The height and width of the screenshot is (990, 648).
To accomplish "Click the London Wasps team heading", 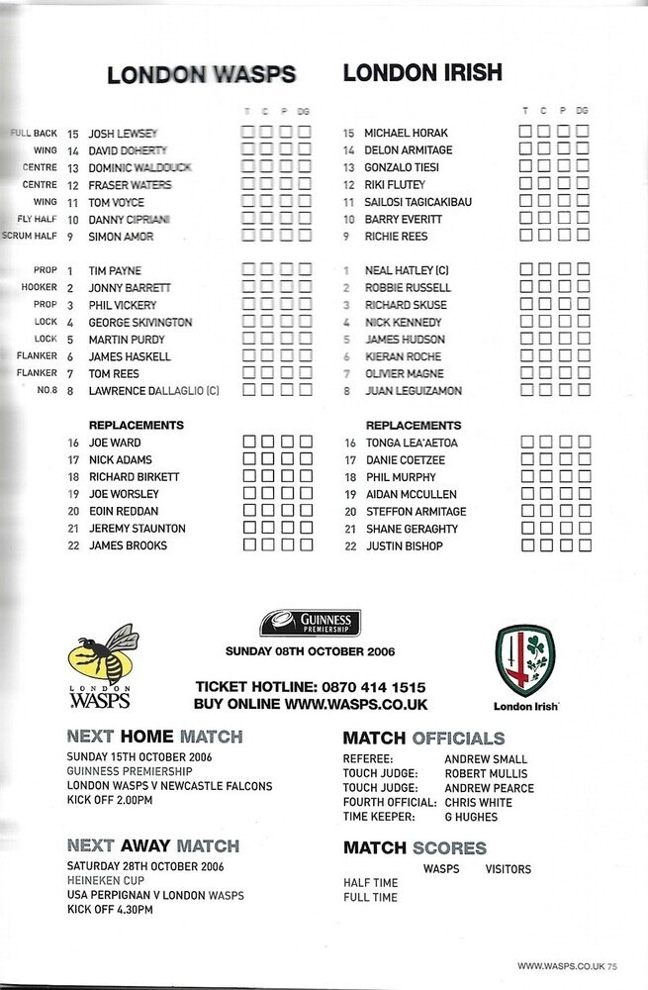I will (x=201, y=74).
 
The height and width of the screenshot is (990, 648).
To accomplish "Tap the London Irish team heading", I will (x=422, y=72).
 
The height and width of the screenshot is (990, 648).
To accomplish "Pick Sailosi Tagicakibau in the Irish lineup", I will (x=418, y=202).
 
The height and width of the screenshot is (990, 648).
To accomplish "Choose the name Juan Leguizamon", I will (x=413, y=391).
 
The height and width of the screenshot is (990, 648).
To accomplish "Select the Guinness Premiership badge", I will (x=310, y=623).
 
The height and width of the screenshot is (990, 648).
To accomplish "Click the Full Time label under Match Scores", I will (x=370, y=897).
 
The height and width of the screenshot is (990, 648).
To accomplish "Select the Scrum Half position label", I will (x=34, y=237).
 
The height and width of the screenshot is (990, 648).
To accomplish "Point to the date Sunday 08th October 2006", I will (x=310, y=650).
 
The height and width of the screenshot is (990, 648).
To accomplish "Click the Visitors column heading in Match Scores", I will (x=509, y=869).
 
